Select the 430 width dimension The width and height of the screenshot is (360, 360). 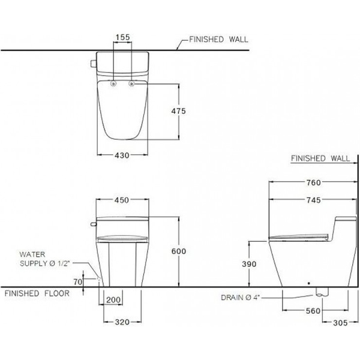click(x=122, y=155)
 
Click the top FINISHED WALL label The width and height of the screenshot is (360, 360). click(x=218, y=40)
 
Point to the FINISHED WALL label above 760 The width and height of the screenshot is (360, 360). click(x=320, y=159)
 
